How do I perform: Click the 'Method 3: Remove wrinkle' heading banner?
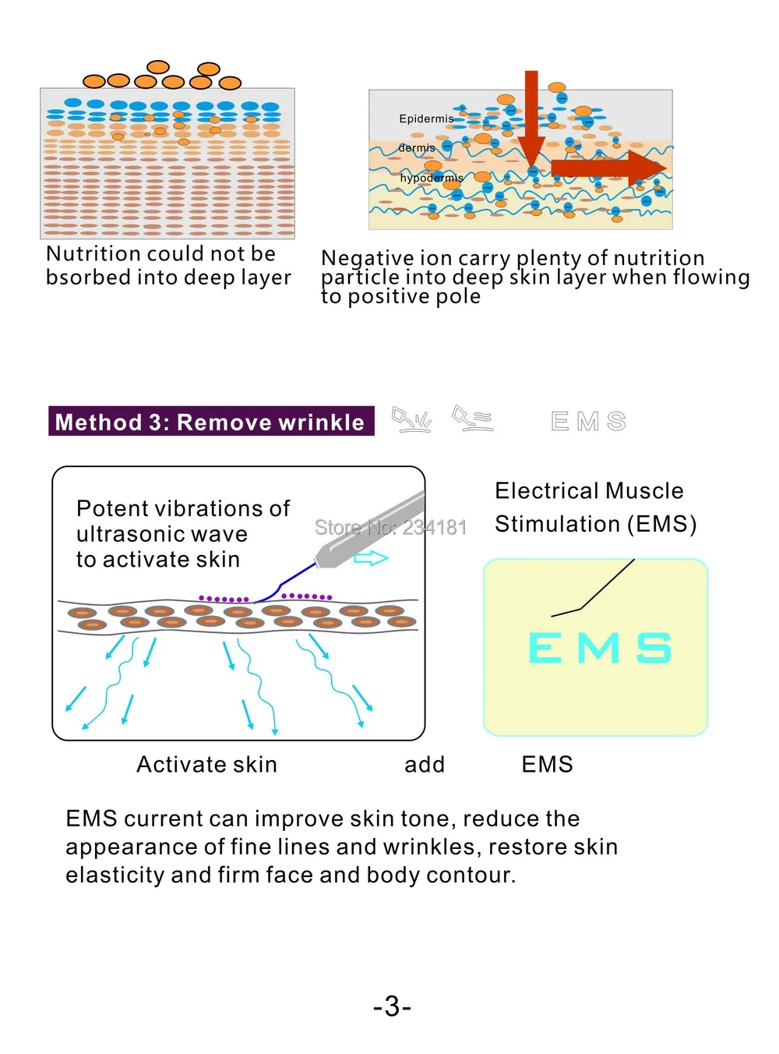[210, 422]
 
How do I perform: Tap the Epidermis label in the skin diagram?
[425, 118]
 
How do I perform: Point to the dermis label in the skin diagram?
[417, 148]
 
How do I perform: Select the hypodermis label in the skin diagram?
[431, 178]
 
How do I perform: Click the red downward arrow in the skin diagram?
[531, 121]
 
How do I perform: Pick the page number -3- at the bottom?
[392, 1006]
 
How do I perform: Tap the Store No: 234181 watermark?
[390, 528]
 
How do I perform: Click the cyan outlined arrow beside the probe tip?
[371, 557]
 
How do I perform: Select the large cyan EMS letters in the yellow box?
[599, 648]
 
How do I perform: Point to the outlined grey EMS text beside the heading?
[588, 422]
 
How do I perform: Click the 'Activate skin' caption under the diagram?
[206, 764]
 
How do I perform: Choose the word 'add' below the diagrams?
[425, 764]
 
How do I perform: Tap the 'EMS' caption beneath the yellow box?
[547, 764]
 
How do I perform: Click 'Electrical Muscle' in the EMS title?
[589, 490]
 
